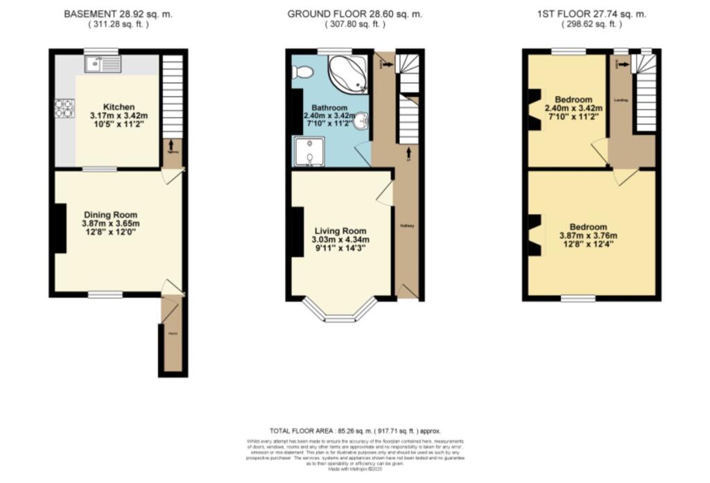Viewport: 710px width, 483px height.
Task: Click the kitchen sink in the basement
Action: point(102,65)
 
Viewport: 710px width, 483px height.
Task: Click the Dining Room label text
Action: point(111,215)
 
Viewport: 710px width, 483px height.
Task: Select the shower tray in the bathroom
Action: point(308,152)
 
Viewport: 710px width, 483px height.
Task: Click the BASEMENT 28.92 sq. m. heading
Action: point(118,14)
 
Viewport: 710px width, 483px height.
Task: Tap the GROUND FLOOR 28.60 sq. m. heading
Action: point(354,14)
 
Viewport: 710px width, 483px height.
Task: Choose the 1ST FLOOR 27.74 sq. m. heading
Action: point(591,14)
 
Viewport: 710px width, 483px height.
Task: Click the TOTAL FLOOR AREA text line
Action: point(354,430)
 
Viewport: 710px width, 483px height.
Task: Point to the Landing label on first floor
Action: point(621,100)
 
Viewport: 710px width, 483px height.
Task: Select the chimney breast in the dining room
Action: point(60,228)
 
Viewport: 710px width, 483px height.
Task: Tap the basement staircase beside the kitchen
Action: point(172,96)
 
